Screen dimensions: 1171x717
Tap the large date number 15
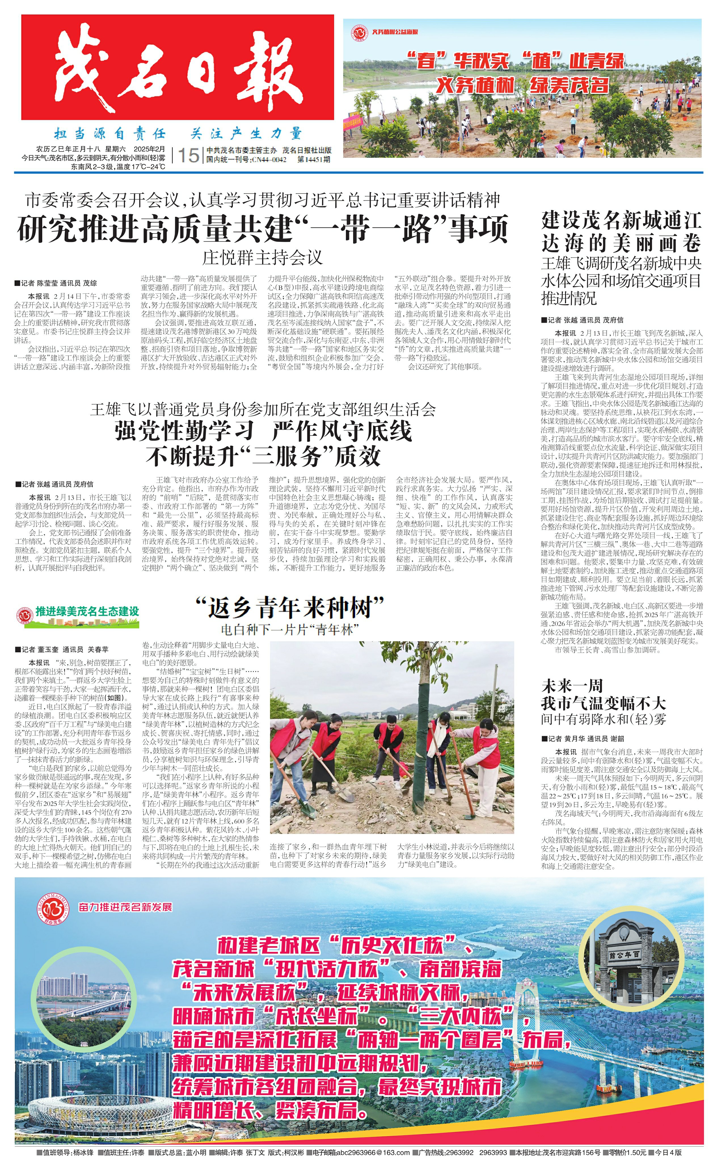click(x=188, y=155)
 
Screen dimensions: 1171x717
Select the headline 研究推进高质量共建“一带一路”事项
click(x=263, y=229)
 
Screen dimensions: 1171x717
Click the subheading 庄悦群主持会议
click(x=262, y=258)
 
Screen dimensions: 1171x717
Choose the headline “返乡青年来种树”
click(x=289, y=608)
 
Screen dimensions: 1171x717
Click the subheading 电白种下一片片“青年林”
click(x=289, y=630)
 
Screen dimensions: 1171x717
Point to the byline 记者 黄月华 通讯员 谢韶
click(x=583, y=739)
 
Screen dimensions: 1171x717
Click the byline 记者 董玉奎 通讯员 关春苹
click(x=62, y=649)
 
